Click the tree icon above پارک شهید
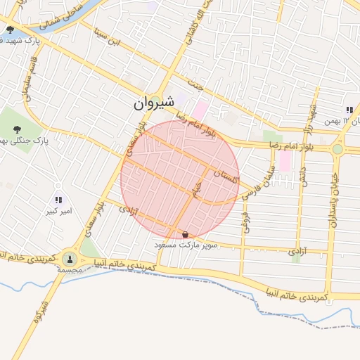[x=10, y=30]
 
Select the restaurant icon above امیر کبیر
[x=58, y=200]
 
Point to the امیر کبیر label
[x=58, y=211]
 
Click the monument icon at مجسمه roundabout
[x=70, y=259]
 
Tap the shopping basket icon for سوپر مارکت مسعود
[x=185, y=234]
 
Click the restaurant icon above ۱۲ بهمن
[x=349, y=110]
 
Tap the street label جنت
[x=200, y=84]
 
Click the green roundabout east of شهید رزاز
[x=337, y=149]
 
